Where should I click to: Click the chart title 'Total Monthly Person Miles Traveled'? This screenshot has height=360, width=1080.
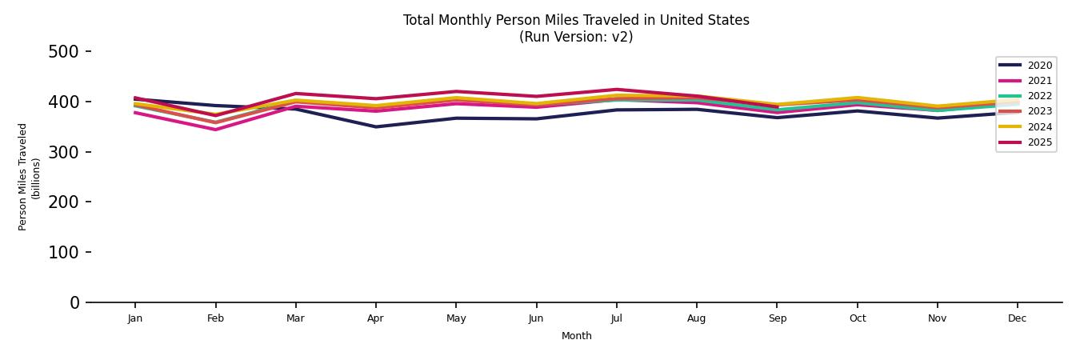click(x=576, y=20)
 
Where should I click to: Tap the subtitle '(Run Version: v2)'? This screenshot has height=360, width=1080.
click(x=576, y=37)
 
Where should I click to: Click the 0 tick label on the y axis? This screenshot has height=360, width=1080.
click(x=74, y=302)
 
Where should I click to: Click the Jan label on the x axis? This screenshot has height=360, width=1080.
click(x=135, y=318)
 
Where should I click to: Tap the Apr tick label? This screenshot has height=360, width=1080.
click(x=375, y=318)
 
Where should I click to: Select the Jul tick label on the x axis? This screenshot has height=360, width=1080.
click(x=616, y=318)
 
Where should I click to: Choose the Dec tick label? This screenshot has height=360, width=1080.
click(x=1017, y=318)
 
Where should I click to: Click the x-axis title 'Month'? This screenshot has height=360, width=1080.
click(x=576, y=336)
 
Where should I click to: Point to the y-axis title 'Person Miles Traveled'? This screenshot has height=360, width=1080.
click(x=23, y=177)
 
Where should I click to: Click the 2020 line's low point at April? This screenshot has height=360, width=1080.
click(x=375, y=126)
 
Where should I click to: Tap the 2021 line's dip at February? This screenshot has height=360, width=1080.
click(x=215, y=130)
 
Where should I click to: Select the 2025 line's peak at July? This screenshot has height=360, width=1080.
click(x=616, y=90)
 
